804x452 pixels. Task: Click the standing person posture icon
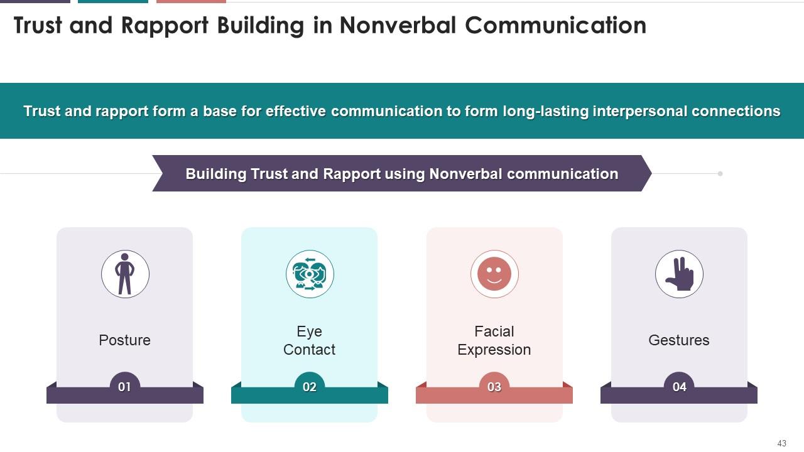(125, 274)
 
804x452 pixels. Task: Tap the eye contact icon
(310, 274)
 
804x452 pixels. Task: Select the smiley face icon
(494, 274)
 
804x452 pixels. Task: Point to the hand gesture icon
(679, 274)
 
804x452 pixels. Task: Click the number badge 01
(124, 387)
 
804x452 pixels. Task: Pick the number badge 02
(310, 387)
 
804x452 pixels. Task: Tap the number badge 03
(494, 387)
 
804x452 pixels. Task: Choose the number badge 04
(679, 387)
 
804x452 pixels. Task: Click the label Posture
(124, 340)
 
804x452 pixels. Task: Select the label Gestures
(679, 340)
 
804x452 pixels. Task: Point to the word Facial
(494, 331)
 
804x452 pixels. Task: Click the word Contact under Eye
(309, 350)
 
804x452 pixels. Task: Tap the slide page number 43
(781, 443)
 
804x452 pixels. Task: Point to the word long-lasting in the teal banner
(548, 111)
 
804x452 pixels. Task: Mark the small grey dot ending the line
(720, 173)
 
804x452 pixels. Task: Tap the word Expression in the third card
(494, 350)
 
